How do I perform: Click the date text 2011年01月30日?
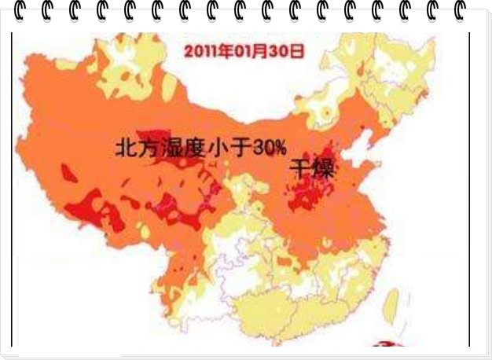pos(243,52)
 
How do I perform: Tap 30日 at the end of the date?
pos(287,52)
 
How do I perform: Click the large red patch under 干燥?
pos(310,193)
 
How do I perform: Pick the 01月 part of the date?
pos(250,52)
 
